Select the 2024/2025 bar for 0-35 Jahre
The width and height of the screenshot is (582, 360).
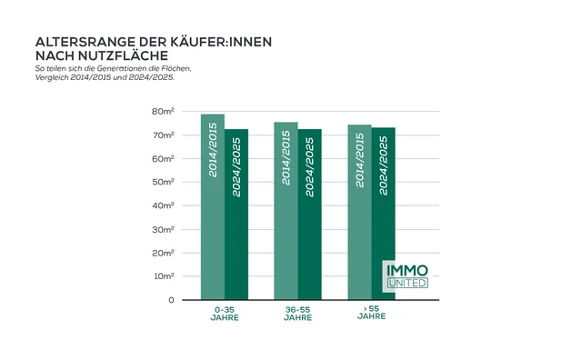pyautogui.click(x=236, y=214)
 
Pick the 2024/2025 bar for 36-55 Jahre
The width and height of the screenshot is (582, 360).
pyautogui.click(x=310, y=214)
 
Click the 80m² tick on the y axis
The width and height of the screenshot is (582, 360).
pyautogui.click(x=163, y=111)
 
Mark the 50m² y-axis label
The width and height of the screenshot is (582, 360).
pyautogui.click(x=163, y=182)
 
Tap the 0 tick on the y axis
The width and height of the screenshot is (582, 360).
pyautogui.click(x=170, y=300)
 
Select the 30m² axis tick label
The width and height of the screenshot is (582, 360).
pyautogui.click(x=163, y=229)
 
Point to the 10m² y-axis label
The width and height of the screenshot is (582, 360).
pyautogui.click(x=163, y=276)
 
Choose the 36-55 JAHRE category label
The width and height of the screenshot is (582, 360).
pyautogui.click(x=297, y=314)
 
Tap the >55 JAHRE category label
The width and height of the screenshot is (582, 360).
pyautogui.click(x=371, y=314)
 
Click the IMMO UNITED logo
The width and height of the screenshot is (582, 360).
pyautogui.click(x=406, y=276)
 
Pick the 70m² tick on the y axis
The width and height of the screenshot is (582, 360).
pyautogui.click(x=163, y=135)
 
